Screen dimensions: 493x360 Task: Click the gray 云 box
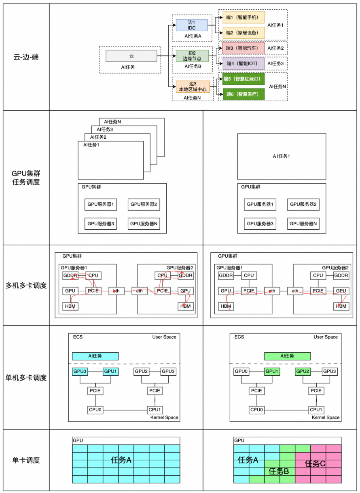point(131,56)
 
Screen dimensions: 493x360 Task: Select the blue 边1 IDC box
point(191,25)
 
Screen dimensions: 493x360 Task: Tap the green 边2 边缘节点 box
point(192,56)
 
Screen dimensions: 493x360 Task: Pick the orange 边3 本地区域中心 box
point(193,86)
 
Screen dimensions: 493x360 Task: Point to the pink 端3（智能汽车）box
point(243,48)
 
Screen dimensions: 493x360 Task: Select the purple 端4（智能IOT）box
point(243,63)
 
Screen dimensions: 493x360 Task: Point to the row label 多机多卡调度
point(26,286)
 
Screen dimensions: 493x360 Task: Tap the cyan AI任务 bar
point(95,356)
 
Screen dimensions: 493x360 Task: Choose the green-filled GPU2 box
point(303,371)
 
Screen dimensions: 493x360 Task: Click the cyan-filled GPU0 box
point(79,371)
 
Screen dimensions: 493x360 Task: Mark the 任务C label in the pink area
point(315,463)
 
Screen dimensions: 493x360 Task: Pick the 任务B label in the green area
point(278,471)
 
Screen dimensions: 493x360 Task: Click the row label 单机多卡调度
point(26,378)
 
